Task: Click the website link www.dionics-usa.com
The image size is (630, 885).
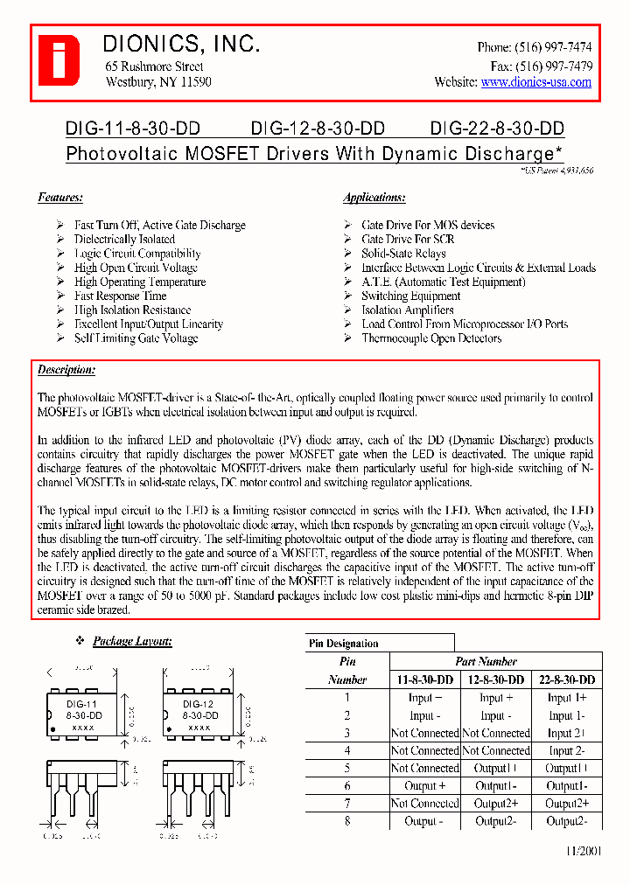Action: pos(535,82)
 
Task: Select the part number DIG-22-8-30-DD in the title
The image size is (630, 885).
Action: pos(497,129)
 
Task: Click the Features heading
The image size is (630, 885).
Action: pos(60,198)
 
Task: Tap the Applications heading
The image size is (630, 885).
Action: pos(374,198)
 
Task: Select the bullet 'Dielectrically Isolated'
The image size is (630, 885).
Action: pos(124,240)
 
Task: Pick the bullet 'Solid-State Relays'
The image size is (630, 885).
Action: pos(403,254)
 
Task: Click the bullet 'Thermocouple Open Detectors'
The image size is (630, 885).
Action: pos(431,338)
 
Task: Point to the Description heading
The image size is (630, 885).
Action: pos(66,370)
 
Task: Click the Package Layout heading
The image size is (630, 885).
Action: pos(132,642)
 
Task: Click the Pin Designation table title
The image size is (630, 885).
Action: pos(344,644)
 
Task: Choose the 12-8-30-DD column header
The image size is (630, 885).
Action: pos(494,679)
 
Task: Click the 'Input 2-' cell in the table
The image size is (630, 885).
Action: pos(565,750)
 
